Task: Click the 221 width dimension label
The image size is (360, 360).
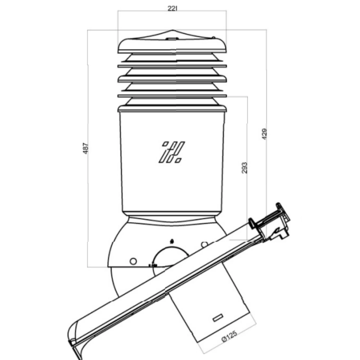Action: click(x=172, y=9)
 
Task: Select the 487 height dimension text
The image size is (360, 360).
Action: click(x=85, y=148)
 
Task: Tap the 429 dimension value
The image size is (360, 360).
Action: click(x=264, y=134)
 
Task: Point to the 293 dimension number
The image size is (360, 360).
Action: click(x=245, y=168)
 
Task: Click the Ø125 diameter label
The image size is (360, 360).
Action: click(x=229, y=336)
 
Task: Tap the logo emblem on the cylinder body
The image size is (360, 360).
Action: click(x=171, y=152)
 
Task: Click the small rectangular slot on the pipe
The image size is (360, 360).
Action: click(x=218, y=318)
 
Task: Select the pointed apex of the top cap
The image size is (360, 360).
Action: click(x=172, y=30)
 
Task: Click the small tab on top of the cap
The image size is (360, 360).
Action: click(x=172, y=39)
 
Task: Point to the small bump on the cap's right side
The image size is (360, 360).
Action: click(x=213, y=37)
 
